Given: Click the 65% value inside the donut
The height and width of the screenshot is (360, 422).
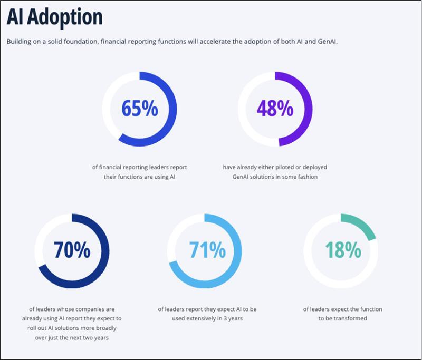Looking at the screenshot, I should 139,109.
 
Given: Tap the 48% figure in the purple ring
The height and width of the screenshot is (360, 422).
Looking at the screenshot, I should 275,109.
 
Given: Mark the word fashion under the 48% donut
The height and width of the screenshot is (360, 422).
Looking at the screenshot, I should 306,177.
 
